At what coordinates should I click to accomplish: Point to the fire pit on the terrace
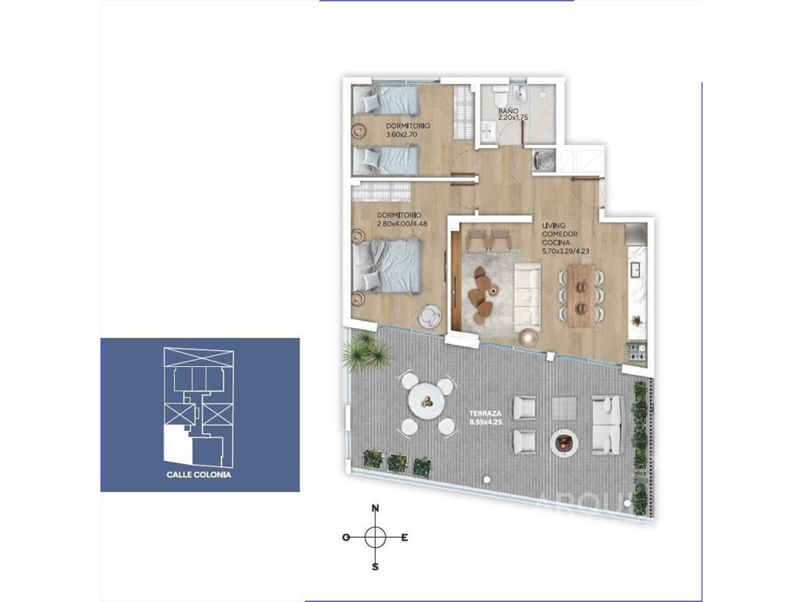pyautogui.click(x=563, y=443)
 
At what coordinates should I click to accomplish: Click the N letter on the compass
pyautogui.click(x=376, y=508)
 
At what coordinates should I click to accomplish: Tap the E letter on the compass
pyautogui.click(x=404, y=538)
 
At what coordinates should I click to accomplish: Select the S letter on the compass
pyautogui.click(x=376, y=567)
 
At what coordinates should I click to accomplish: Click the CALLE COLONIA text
pyautogui.click(x=198, y=474)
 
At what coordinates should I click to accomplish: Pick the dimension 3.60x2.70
pyautogui.click(x=402, y=135)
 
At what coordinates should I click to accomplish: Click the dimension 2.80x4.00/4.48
pyautogui.click(x=401, y=223)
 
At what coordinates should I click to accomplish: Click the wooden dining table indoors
pyautogui.click(x=581, y=295)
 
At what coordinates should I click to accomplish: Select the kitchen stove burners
pyautogui.click(x=638, y=352)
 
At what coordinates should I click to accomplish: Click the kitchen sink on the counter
pyautogui.click(x=638, y=269)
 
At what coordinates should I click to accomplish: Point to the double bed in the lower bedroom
pyautogui.click(x=387, y=266)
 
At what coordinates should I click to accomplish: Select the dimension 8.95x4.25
pyautogui.click(x=485, y=422)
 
